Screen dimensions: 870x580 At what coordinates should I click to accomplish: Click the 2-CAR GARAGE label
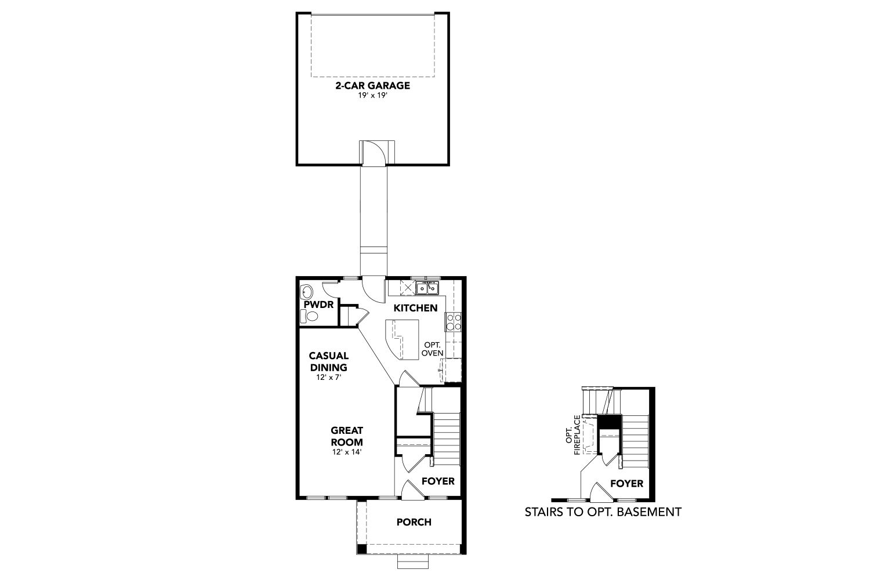372,85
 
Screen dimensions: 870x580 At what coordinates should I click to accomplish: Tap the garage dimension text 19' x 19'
372,96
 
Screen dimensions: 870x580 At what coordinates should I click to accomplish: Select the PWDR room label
318,304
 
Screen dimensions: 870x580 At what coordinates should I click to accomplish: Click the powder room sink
306,291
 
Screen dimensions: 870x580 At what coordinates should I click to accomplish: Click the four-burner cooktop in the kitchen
453,322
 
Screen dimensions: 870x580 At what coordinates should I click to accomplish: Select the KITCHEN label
415,308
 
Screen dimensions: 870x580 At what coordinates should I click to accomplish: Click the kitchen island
402,340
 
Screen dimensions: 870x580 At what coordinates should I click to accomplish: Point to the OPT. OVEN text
432,349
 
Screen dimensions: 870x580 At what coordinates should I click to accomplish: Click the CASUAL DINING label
329,361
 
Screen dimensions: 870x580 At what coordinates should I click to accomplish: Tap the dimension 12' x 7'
329,377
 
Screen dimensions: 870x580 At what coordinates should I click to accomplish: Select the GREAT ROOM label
347,436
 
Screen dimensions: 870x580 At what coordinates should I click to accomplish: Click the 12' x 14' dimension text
347,452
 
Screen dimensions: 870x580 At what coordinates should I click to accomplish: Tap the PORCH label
414,522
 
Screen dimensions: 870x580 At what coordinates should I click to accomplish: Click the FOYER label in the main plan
438,481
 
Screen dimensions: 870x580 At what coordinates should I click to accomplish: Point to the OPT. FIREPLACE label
573,434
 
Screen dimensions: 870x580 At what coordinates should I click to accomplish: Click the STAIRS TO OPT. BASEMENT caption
603,512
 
